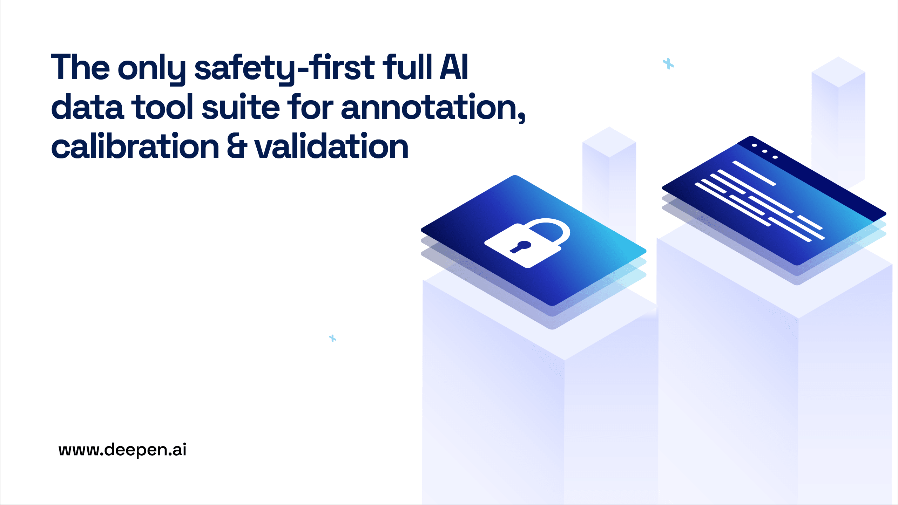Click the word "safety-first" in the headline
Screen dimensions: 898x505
[285, 69]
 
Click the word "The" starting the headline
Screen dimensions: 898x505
[80, 67]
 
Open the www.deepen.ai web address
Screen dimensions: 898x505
[122, 450]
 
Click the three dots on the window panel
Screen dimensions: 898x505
[765, 151]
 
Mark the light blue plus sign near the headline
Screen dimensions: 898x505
[668, 64]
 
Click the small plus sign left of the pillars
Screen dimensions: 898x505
[332, 338]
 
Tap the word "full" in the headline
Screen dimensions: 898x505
[407, 67]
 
